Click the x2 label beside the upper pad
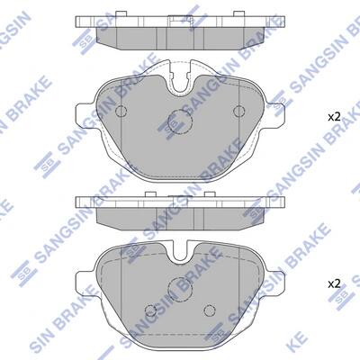point(334,117)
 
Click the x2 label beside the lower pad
point(334,283)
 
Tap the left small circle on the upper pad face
point(121,112)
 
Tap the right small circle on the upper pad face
point(239,112)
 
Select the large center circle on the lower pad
point(180,289)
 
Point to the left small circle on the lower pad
point(150,310)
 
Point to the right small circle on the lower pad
point(210,310)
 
